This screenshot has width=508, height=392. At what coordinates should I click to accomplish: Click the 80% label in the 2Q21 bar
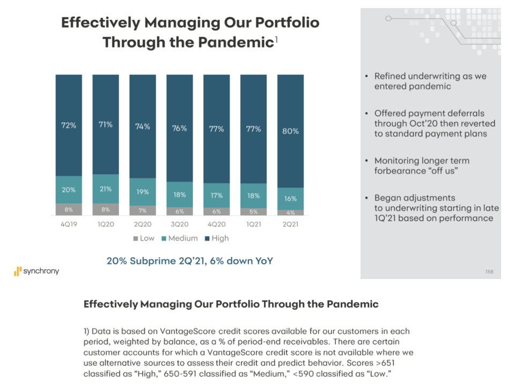[290, 131]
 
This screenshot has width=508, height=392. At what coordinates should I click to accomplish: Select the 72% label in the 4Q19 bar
[69, 126]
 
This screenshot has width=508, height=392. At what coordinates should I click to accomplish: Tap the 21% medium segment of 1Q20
[106, 189]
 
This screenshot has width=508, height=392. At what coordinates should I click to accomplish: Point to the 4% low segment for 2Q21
[290, 213]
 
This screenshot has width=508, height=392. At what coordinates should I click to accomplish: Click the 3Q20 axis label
[180, 225]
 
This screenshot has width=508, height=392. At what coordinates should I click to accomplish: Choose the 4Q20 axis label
[217, 225]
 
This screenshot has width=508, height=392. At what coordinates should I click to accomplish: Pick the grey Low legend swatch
[135, 238]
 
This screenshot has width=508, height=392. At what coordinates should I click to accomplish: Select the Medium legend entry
[179, 238]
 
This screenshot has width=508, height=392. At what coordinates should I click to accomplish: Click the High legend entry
[216, 238]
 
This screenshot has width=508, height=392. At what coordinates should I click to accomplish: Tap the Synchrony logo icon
[17, 272]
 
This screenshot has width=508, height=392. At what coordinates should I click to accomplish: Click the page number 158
[489, 272]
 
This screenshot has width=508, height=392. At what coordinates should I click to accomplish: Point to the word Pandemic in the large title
[232, 42]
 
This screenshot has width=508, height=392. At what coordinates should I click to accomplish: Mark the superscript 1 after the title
[276, 39]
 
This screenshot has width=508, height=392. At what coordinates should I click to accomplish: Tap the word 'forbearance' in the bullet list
[399, 171]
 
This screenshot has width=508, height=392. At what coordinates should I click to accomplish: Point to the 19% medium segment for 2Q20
[143, 191]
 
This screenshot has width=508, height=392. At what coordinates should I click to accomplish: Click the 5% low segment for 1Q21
[253, 212]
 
